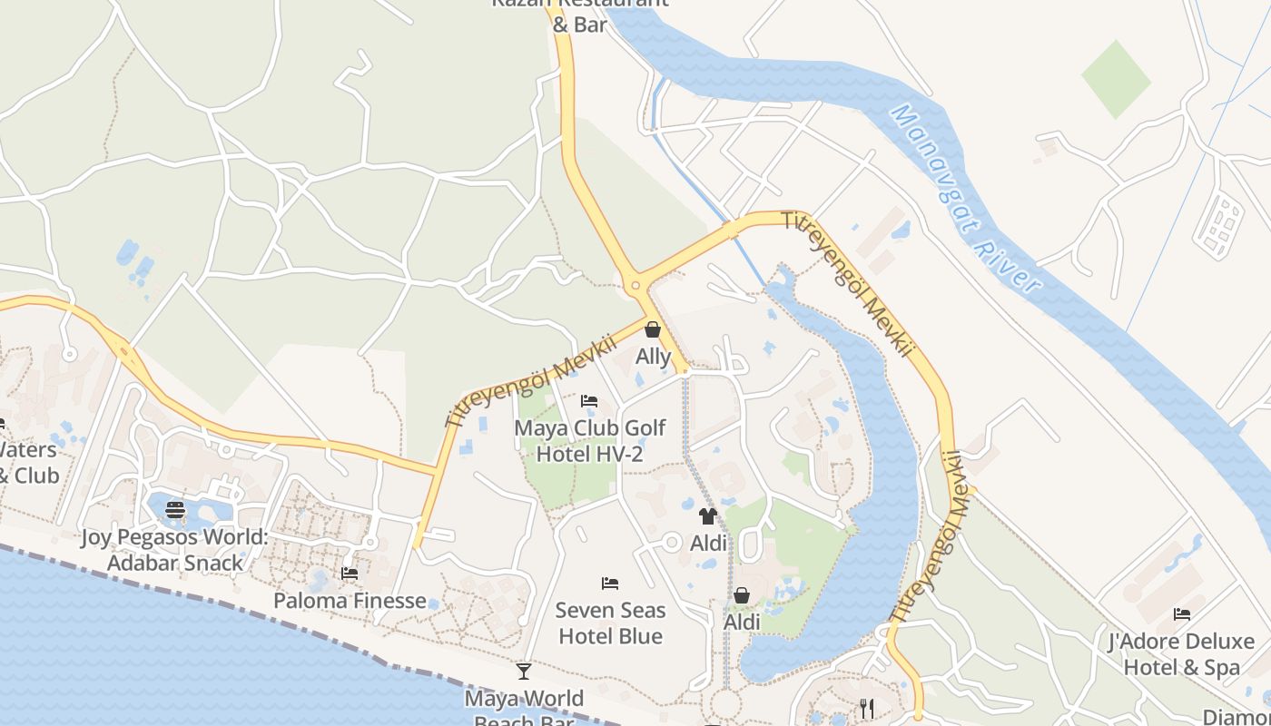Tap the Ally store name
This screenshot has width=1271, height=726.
click(653, 357)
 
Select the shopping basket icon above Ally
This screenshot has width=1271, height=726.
click(653, 329)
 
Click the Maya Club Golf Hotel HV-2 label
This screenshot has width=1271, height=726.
click(590, 440)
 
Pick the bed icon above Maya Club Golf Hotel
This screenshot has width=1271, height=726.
click(589, 400)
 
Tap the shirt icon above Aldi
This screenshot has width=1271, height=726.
click(708, 516)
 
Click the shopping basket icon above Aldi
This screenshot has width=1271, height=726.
click(742, 595)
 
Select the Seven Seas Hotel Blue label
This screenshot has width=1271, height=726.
click(610, 623)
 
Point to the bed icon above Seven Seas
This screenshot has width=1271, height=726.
click(610, 583)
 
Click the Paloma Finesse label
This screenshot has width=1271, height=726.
click(350, 601)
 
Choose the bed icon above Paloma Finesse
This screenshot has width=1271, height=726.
click(350, 573)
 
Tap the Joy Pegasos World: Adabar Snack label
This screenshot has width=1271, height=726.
click(175, 550)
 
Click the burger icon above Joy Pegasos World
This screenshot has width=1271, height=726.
click(175, 510)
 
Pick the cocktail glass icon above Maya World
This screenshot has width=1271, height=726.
click(524, 672)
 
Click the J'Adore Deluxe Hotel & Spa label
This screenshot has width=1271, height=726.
click(1181, 654)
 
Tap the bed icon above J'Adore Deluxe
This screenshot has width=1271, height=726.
click(1181, 614)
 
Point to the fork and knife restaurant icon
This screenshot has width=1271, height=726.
click(867, 708)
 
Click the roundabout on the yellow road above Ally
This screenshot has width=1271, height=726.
click(634, 287)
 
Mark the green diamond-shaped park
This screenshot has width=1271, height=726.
click(1116, 79)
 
